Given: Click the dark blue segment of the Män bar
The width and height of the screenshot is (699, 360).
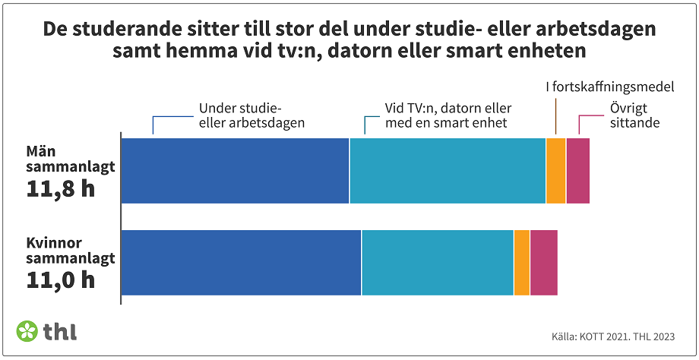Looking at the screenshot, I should coord(235,171).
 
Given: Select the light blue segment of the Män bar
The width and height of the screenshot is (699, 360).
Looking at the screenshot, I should coord(448,171).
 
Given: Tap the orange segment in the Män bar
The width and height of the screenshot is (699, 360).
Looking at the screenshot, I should coord(555,171).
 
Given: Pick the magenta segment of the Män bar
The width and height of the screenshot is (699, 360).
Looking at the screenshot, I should coord(577,171).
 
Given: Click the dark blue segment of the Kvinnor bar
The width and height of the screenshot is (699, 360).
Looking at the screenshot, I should coord(241,262).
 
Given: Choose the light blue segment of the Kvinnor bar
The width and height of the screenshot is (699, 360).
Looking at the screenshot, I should coord(438,262).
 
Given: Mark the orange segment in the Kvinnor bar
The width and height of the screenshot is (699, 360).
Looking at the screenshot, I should coord(522,262).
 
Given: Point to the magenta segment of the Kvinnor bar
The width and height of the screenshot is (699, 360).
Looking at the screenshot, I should coord(544,262).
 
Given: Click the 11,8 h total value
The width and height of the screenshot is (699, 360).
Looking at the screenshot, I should coord(61,188).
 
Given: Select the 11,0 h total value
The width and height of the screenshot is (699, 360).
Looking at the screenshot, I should coord(61,279).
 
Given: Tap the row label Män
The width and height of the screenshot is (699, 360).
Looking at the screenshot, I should coord(40,152).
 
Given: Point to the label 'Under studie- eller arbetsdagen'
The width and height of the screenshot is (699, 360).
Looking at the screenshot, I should coord(251,115).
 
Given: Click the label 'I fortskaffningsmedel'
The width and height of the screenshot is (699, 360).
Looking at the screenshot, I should coord(610,87).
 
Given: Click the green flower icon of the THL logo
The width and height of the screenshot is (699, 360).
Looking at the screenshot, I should coord(27,331).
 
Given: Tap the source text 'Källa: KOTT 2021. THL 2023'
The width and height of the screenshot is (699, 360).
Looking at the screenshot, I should coord(613,336).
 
